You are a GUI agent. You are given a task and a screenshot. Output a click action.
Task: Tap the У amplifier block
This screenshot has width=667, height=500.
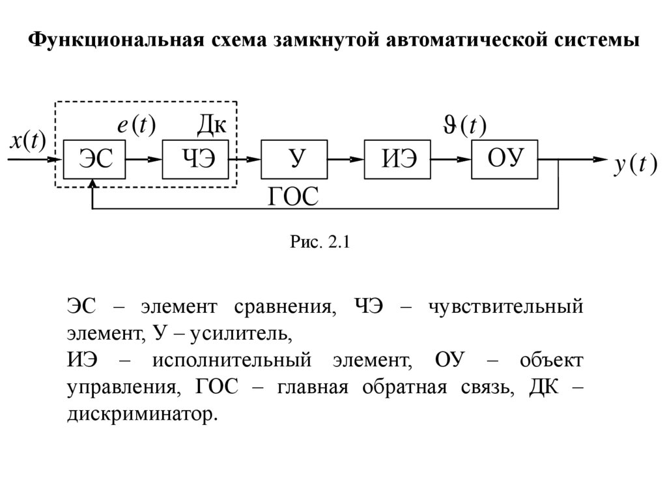[294, 158]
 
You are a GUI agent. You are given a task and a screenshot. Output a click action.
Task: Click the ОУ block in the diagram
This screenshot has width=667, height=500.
[505, 158]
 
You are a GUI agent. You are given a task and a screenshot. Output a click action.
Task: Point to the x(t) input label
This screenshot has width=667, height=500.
[27, 141]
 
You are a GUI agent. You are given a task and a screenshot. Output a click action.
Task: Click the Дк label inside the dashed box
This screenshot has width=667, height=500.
[211, 124]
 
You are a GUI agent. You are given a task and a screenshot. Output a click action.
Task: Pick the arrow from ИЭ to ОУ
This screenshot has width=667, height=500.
[452, 158]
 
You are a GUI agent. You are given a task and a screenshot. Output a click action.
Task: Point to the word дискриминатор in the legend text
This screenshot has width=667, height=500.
[140, 414]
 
